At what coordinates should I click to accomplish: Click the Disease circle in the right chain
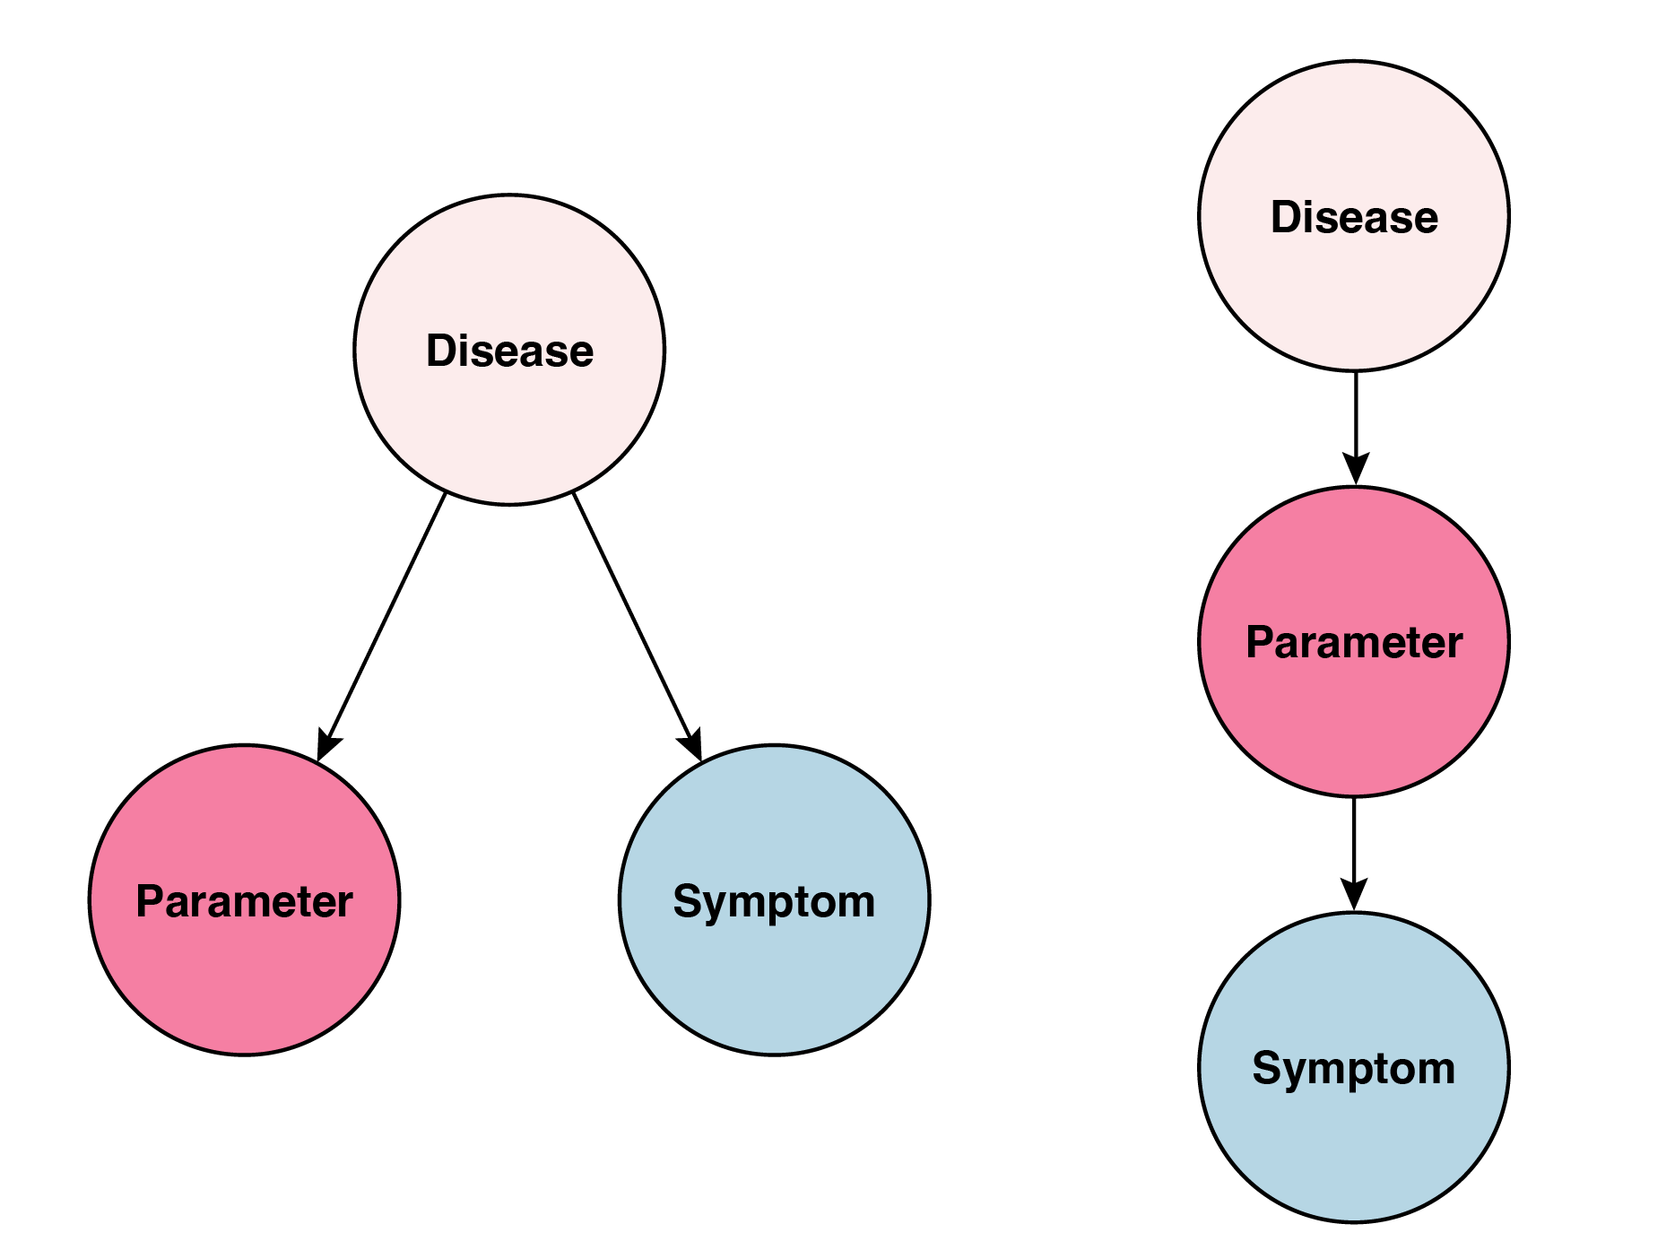click(1354, 287)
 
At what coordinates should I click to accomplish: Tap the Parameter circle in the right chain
click(1354, 717)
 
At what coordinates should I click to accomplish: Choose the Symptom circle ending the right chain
click(1354, 1139)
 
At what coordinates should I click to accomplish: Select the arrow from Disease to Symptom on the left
click(633, 619)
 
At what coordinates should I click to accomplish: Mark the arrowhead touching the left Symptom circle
click(691, 747)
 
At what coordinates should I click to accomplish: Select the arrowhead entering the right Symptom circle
click(1354, 895)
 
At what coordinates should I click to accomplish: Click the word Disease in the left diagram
click(509, 351)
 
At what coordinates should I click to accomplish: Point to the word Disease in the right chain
click(1354, 217)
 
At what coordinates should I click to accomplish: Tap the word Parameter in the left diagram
click(244, 901)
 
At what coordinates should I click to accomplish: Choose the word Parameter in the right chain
click(1354, 643)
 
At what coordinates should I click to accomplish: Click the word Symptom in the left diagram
click(774, 901)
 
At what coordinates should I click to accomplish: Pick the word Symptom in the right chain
click(1354, 1068)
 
